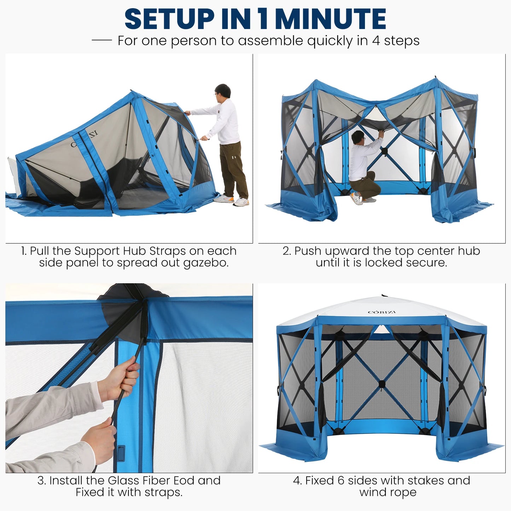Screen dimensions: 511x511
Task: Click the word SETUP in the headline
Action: [x=169, y=19]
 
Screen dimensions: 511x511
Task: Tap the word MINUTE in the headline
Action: [x=330, y=19]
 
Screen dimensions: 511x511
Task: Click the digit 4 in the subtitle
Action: [x=376, y=41]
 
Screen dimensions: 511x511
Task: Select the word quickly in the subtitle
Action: [x=330, y=41]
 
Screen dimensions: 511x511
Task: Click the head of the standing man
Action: [x=223, y=91]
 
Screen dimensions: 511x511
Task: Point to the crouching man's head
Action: [x=358, y=137]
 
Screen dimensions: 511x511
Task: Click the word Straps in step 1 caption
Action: [x=168, y=251]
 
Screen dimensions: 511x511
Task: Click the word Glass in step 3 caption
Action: [x=123, y=480]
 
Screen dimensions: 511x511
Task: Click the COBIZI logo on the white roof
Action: [x=382, y=312]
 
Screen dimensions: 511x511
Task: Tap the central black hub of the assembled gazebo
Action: [x=382, y=384]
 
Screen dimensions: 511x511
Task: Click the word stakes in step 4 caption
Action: [x=426, y=480]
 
